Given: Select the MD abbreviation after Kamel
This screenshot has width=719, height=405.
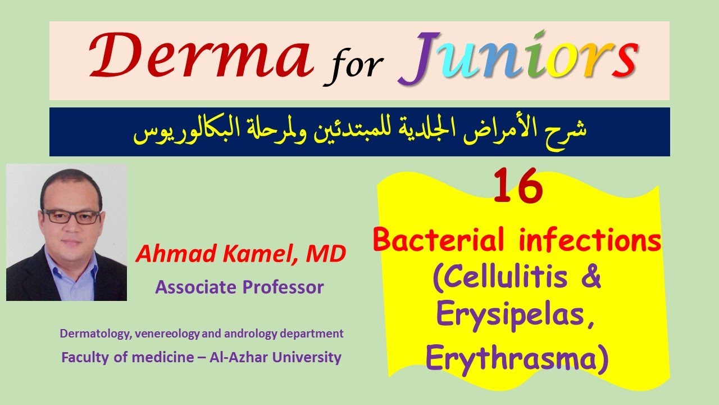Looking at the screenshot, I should [x=325, y=255].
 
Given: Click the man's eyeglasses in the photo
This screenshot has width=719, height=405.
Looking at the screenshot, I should [x=71, y=217].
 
